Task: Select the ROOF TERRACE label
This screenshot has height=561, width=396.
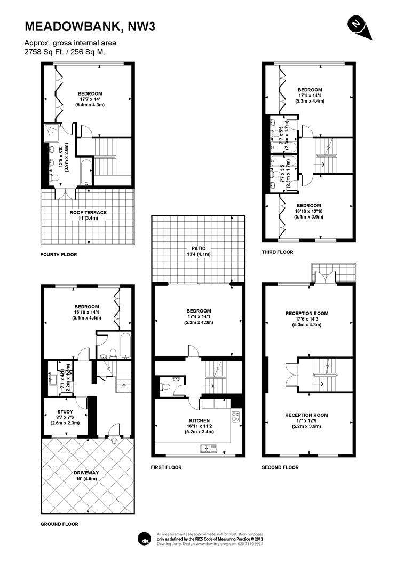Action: (x=88, y=212)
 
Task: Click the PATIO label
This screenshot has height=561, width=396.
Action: (x=199, y=248)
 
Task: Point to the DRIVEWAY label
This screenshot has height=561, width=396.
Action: (x=88, y=473)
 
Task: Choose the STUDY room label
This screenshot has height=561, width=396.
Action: (x=65, y=411)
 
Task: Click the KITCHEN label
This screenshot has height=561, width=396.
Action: (x=198, y=420)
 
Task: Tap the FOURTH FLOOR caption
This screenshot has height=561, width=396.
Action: (x=59, y=255)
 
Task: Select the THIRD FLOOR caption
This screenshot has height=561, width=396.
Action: (x=278, y=252)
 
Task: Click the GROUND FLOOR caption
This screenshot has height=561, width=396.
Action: (x=60, y=524)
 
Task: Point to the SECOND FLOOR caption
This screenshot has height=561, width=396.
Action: (x=280, y=467)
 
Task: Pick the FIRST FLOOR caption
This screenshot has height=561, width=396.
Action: (x=167, y=467)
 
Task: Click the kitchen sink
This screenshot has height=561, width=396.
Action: (x=204, y=448)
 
